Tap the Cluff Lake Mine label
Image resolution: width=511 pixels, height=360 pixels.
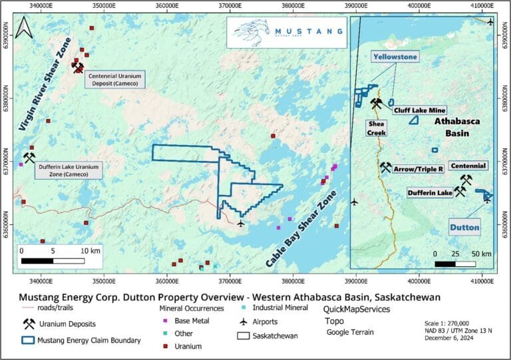tap(419, 110)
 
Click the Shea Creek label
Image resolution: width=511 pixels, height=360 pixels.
tap(376, 128)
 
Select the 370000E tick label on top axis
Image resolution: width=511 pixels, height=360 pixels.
tap(230, 6)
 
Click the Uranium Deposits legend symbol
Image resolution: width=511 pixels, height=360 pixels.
tap(29, 324)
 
